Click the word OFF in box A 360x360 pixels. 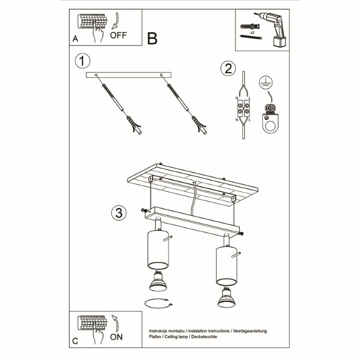(118, 35)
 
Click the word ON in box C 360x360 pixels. (116, 336)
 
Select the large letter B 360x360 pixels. (152, 38)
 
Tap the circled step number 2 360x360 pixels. (228, 68)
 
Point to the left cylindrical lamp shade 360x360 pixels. (158, 249)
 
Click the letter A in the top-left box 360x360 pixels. (75, 37)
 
